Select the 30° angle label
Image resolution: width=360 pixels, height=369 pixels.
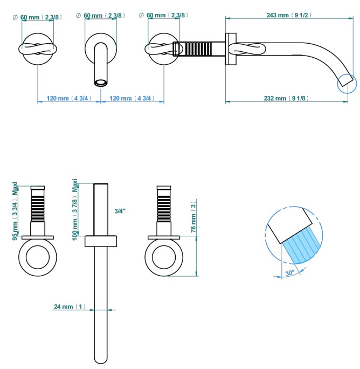(x=290, y=273)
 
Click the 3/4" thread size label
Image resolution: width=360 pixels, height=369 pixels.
(x=120, y=211)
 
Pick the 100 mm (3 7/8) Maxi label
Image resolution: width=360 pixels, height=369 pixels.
(x=75, y=208)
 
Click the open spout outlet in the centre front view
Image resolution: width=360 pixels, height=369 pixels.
(x=101, y=83)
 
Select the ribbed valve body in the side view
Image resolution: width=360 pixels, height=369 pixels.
(x=199, y=48)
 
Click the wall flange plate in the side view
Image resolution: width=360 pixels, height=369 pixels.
(x=230, y=49)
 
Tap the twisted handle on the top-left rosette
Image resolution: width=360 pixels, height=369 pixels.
(x=38, y=49)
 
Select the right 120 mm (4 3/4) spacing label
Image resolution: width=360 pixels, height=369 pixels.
(x=132, y=99)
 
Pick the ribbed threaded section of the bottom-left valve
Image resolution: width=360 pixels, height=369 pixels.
(x=38, y=208)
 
